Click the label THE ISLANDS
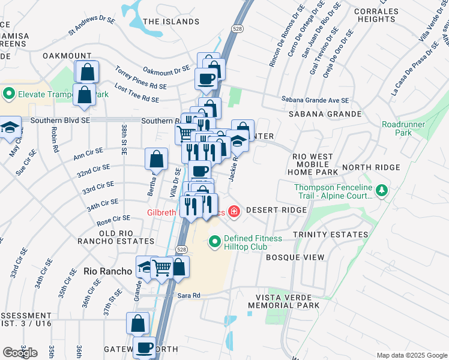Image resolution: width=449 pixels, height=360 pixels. [171, 22]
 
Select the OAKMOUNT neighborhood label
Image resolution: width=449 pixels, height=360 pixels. [67, 56]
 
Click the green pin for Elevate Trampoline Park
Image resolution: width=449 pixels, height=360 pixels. [8, 94]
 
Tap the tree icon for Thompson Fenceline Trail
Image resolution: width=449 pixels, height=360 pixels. [381, 191]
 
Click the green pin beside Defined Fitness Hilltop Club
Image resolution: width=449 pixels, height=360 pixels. [215, 242]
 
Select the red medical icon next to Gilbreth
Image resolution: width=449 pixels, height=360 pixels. [233, 212]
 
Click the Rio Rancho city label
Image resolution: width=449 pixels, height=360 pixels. [107, 271]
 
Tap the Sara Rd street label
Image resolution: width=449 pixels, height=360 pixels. [188, 295]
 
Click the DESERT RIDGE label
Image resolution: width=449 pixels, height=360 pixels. [276, 211]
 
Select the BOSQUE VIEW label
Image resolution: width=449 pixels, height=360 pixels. [295, 257]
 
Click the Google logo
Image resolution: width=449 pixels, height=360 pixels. [20, 353]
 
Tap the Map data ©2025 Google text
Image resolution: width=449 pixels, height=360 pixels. [411, 355]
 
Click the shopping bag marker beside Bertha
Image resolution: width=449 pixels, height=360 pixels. [156, 160]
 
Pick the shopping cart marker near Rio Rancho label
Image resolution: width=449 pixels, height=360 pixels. [162, 268]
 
